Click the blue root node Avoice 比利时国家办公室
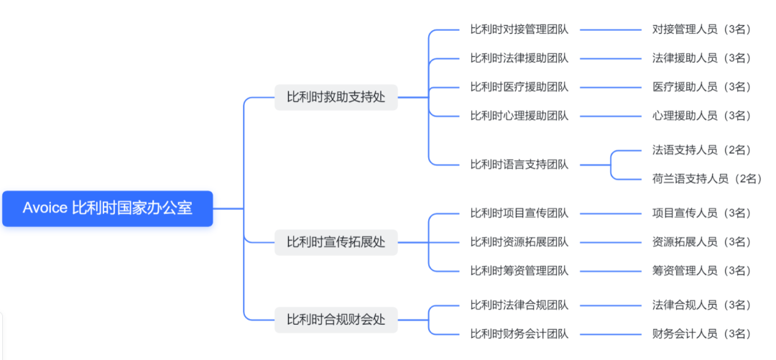point(108,208)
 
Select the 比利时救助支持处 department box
point(336,97)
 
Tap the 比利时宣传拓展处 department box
point(336,242)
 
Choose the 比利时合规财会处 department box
point(336,320)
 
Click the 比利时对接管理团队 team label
point(519,29)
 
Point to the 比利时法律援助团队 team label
point(519,58)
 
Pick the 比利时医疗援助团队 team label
point(519,87)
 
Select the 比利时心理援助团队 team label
point(519,116)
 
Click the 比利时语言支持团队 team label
point(519,165)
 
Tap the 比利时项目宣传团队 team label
point(519,213)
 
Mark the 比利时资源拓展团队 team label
point(519,242)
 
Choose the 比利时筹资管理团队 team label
point(519,271)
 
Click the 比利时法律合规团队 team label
point(519,305)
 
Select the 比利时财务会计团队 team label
point(519,334)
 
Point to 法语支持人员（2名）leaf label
point(701,150)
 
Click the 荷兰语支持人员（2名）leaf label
point(706,179)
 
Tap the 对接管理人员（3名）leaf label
point(701,29)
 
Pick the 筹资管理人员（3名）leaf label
point(701,271)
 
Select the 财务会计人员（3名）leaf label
point(701,334)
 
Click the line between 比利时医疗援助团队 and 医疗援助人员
point(610,87)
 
